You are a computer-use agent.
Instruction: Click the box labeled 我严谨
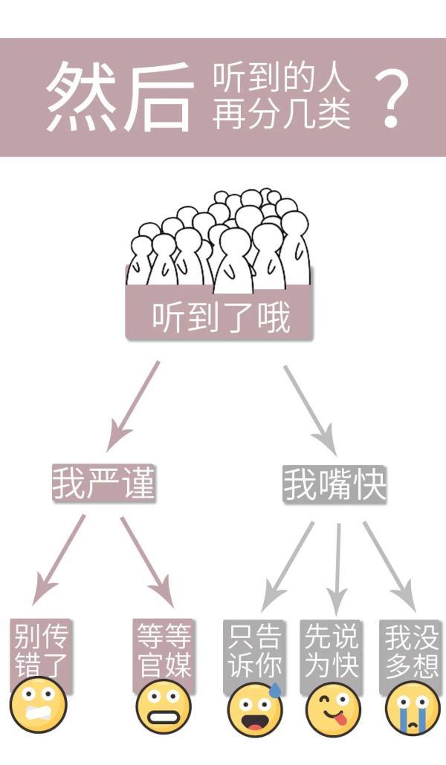pos(103,483)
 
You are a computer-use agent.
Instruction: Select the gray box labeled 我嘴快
pos(334,484)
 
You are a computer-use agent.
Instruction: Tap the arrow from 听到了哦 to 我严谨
pos(133,406)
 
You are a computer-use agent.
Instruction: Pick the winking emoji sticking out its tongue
pos(333,709)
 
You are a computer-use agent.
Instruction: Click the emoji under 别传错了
pos(38,705)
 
